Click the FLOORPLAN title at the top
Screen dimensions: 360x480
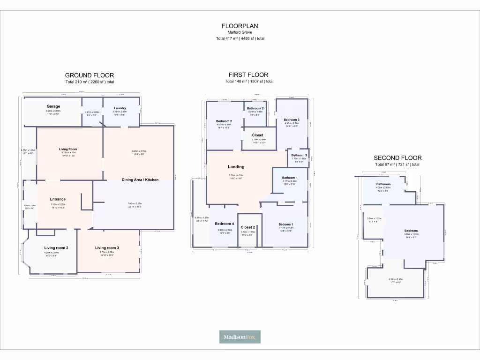click(240, 26)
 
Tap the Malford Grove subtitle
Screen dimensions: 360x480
click(240, 32)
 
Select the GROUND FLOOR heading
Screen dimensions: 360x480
click(90, 75)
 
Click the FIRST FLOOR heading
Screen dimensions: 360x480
click(248, 75)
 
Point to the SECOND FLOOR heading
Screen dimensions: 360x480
click(397, 158)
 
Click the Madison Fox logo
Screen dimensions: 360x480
click(240, 337)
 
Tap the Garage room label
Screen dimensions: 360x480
click(53, 106)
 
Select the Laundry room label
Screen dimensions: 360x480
click(120, 108)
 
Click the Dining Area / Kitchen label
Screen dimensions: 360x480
click(140, 180)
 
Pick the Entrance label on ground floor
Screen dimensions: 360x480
click(58, 199)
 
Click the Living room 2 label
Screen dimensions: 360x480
click(56, 247)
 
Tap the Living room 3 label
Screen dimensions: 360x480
click(107, 247)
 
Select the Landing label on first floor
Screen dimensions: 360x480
click(236, 166)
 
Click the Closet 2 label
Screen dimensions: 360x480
click(247, 227)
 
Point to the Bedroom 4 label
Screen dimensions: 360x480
click(224, 224)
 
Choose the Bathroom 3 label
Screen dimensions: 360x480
click(299, 155)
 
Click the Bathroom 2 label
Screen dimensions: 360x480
click(255, 108)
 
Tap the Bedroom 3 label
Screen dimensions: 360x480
click(292, 120)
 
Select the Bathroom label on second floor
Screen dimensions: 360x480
click(383, 184)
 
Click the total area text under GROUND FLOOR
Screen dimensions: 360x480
click(90, 82)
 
